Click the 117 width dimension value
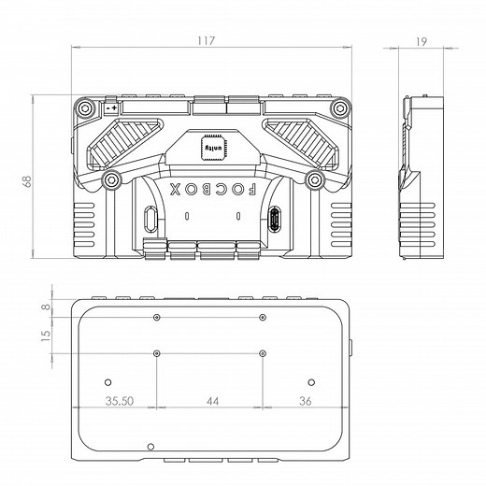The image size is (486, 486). tap(207, 41)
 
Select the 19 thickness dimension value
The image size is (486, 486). tap(422, 41)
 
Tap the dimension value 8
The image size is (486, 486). tap(45, 306)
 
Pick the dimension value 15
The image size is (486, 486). tap(45, 336)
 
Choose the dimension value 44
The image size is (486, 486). tap(211, 401)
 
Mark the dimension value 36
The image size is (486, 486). tap(305, 401)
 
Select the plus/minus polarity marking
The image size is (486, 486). tap(111, 109)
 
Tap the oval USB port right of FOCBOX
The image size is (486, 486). tap(275, 220)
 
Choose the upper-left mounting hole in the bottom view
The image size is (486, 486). tap(157, 318)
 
